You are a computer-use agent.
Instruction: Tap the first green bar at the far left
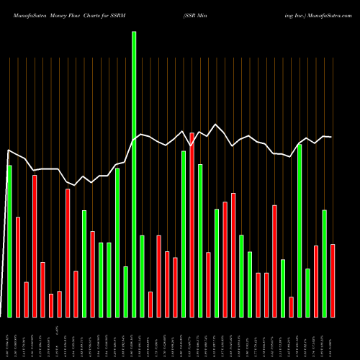tap(9, 241)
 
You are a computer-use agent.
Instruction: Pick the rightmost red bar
tap(333, 281)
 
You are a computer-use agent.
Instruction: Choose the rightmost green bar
tap(325, 264)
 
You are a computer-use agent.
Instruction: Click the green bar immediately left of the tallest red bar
tap(184, 234)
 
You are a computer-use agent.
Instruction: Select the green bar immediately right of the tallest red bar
tap(200, 240)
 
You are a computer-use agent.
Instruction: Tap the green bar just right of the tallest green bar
tap(142, 276)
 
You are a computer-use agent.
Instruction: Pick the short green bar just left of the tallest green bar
tap(126, 292)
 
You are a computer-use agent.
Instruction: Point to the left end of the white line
tap(7, 150)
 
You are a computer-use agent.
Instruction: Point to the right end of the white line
tap(332, 137)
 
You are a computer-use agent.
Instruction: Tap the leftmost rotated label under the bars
tap(9, 338)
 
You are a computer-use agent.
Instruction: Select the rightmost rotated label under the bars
tap(333, 338)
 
